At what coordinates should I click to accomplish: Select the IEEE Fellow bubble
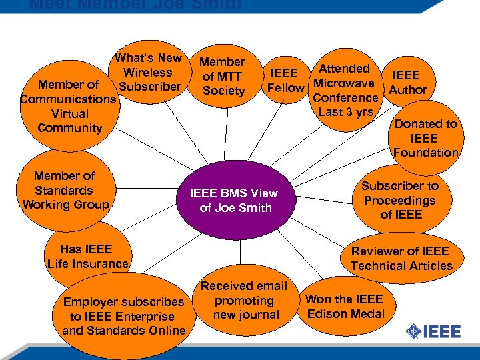[285, 80]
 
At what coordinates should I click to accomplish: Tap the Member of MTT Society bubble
[223, 76]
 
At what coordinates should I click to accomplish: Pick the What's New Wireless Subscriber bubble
[148, 72]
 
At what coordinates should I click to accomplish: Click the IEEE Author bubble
[407, 82]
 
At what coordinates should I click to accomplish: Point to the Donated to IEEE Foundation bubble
[425, 138]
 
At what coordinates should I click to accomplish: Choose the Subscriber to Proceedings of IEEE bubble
[400, 200]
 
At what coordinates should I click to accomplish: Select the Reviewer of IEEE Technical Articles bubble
[401, 258]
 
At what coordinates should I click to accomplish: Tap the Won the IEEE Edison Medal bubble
[344, 307]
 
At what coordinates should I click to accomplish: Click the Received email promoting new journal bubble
[244, 300]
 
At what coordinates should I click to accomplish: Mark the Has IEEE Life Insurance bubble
[87, 257]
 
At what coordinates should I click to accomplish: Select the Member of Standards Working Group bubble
[65, 190]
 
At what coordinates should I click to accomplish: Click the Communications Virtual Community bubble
[69, 107]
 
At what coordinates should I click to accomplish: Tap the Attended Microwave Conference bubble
[344, 90]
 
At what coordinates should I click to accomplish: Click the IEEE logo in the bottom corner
[434, 331]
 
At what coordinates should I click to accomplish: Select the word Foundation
[425, 153]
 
